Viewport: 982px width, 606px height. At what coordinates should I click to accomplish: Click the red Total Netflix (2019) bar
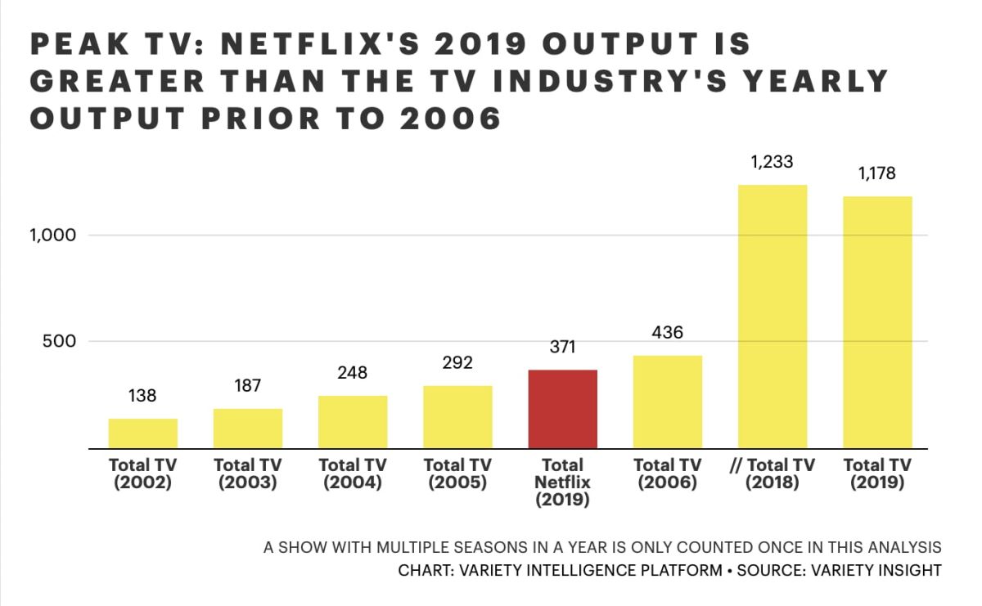(563, 409)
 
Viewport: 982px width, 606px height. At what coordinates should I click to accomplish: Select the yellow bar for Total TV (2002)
(143, 433)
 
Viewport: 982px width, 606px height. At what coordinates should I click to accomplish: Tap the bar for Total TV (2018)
(773, 316)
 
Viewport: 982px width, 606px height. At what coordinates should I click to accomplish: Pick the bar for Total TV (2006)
(668, 402)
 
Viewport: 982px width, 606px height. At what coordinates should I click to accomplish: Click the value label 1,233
(773, 161)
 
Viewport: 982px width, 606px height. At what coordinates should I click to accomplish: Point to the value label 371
(563, 347)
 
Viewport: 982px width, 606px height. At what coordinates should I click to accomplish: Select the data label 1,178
(877, 173)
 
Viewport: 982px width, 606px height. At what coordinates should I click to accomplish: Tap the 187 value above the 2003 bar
(248, 385)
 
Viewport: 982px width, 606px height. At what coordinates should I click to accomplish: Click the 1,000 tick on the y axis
(53, 236)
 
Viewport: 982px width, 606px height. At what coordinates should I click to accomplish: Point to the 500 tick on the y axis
(60, 341)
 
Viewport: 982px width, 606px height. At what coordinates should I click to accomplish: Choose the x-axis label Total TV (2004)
(353, 474)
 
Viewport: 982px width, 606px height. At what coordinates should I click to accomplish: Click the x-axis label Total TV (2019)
(877, 474)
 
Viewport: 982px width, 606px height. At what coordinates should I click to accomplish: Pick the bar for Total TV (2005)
(457, 417)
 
